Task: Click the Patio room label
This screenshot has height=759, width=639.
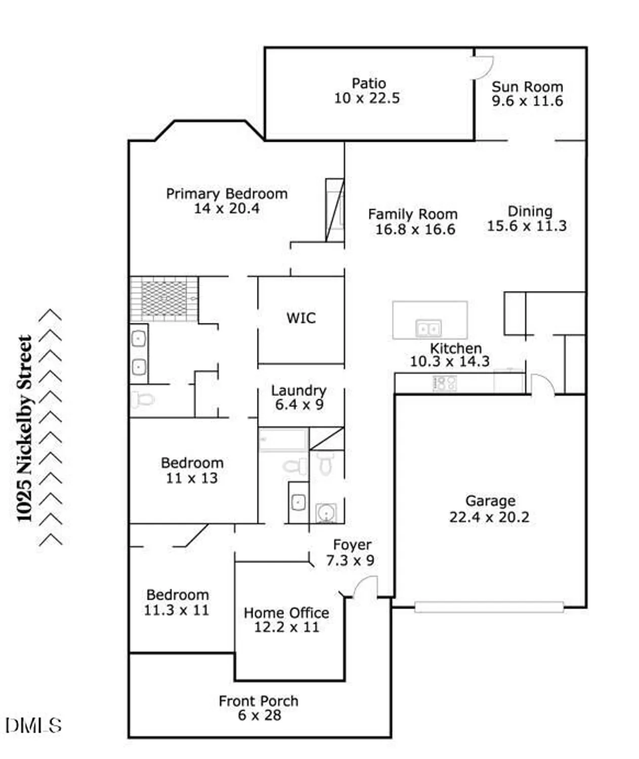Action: click(368, 83)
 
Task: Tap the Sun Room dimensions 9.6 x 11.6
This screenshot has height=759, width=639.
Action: click(527, 101)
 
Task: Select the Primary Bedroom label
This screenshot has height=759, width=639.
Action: click(226, 194)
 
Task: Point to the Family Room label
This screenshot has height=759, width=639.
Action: click(412, 215)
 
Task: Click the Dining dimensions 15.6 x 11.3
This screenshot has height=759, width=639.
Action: click(527, 226)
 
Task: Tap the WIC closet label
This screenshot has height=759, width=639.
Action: click(301, 318)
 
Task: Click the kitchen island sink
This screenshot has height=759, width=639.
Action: click(428, 328)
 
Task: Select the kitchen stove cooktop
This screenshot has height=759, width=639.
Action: click(445, 383)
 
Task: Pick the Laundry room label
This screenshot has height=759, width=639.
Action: click(299, 391)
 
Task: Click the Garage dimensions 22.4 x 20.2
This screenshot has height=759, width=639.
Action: click(489, 518)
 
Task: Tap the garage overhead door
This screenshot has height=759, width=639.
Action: click(489, 607)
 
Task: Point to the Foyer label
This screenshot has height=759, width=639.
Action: click(352, 545)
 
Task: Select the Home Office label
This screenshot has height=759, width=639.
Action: click(286, 613)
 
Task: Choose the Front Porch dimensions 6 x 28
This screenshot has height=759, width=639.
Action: click(259, 715)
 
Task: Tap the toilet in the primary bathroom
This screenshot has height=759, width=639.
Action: click(143, 400)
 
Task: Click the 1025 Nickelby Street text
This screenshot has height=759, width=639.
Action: click(24, 428)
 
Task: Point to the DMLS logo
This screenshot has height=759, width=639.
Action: click(33, 726)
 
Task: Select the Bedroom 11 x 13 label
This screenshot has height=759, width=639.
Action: click(192, 463)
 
